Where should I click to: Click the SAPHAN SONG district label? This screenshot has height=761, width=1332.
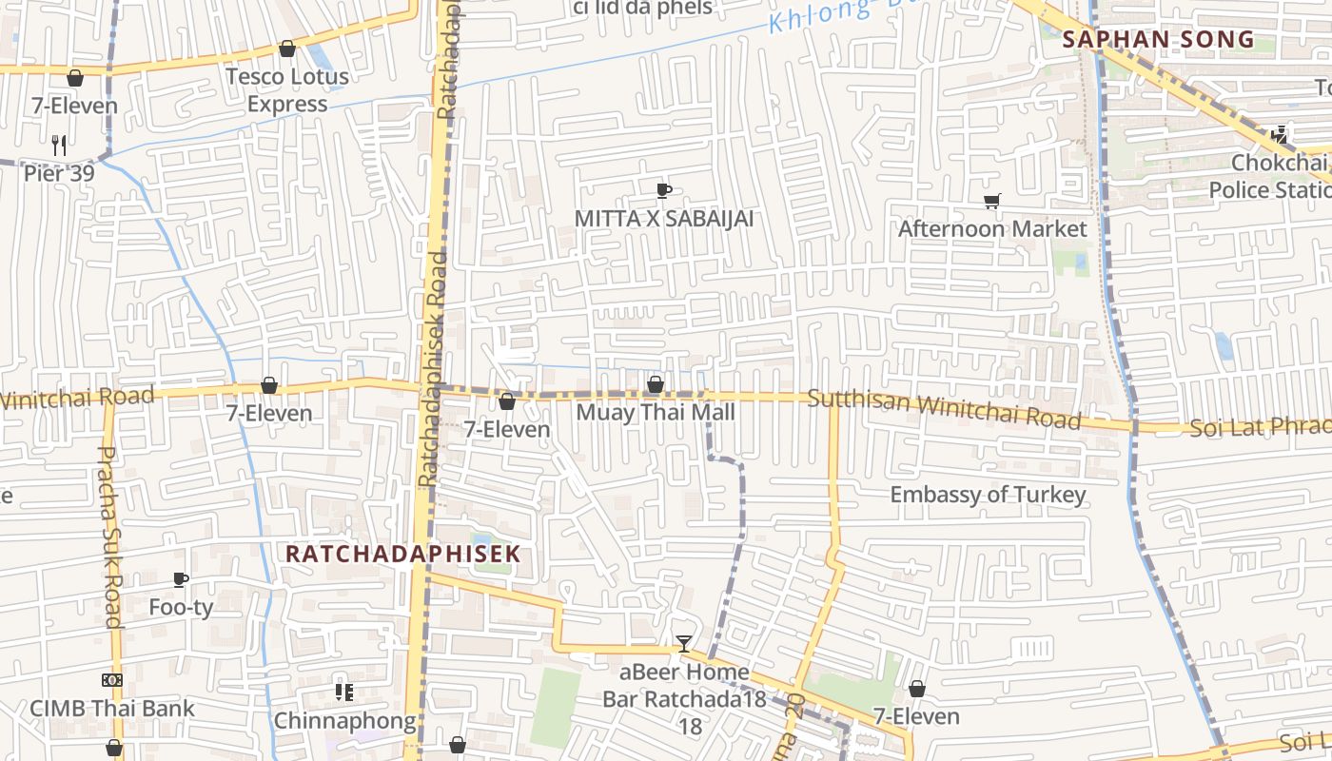(1158, 40)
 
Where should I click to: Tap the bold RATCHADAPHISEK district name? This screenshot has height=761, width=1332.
(403, 554)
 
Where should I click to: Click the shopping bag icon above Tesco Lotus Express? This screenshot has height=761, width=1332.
(287, 49)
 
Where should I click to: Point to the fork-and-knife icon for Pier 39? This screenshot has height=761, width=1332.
(59, 145)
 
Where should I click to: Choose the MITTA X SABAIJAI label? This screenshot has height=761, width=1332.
(663, 219)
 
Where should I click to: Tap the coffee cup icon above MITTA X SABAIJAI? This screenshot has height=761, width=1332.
(663, 190)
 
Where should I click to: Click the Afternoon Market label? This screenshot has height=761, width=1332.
(991, 229)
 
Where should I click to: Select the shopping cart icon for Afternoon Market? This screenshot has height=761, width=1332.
(991, 201)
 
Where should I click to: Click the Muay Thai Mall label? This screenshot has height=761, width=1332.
(656, 413)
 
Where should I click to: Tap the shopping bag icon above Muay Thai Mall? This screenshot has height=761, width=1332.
(656, 385)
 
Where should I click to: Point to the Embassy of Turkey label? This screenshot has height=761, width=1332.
(988, 495)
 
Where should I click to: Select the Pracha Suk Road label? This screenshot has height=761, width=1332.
(110, 537)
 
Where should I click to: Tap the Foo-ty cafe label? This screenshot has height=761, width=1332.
(181, 607)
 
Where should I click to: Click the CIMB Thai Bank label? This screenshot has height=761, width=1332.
(111, 709)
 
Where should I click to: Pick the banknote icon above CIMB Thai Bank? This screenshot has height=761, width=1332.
(111, 680)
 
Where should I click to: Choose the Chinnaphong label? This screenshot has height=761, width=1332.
(344, 721)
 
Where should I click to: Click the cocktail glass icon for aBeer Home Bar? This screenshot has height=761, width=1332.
(683, 644)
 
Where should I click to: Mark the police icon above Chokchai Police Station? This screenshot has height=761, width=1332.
(1280, 135)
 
